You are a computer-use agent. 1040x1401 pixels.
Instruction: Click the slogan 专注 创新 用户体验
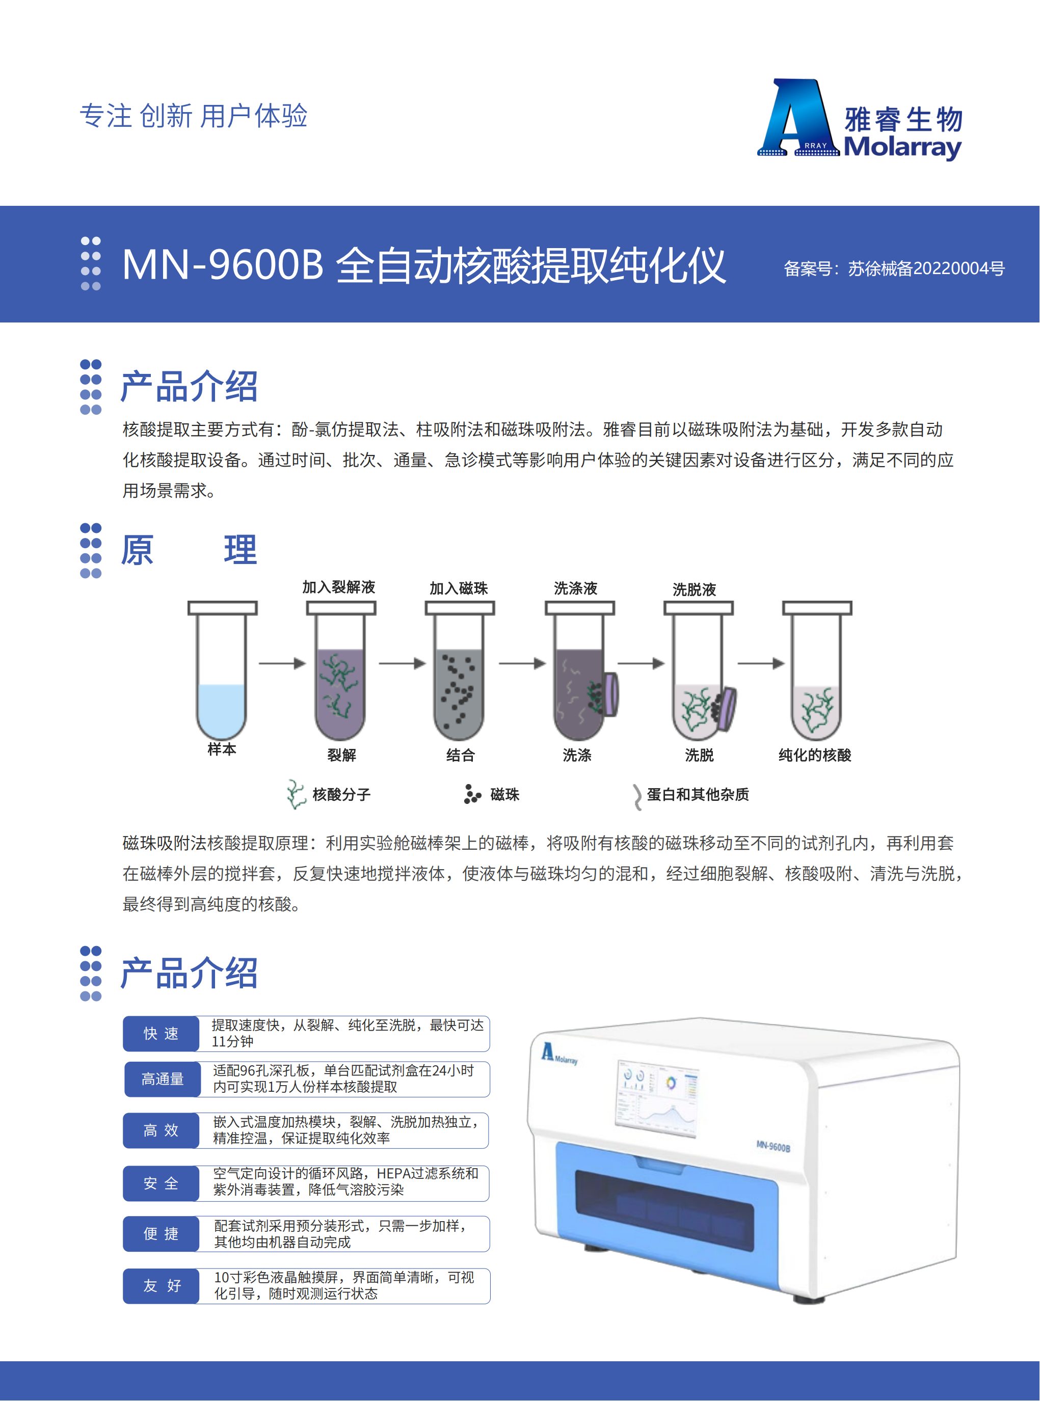coord(193,116)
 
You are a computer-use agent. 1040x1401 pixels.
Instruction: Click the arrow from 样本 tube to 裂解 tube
coord(281,663)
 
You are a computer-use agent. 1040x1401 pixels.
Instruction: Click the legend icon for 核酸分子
coord(295,794)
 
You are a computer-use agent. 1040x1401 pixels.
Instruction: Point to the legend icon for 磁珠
coord(471,794)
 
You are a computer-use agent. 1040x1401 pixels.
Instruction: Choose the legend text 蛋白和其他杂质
coord(698,794)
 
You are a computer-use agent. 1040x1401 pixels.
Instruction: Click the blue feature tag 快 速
coord(161,1034)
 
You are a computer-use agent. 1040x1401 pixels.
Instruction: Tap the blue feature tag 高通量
coord(163,1079)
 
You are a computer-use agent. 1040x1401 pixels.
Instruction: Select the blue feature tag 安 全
coord(161,1183)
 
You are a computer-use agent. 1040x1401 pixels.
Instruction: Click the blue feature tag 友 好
coord(161,1285)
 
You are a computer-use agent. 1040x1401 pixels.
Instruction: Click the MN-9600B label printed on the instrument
coord(772,1146)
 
